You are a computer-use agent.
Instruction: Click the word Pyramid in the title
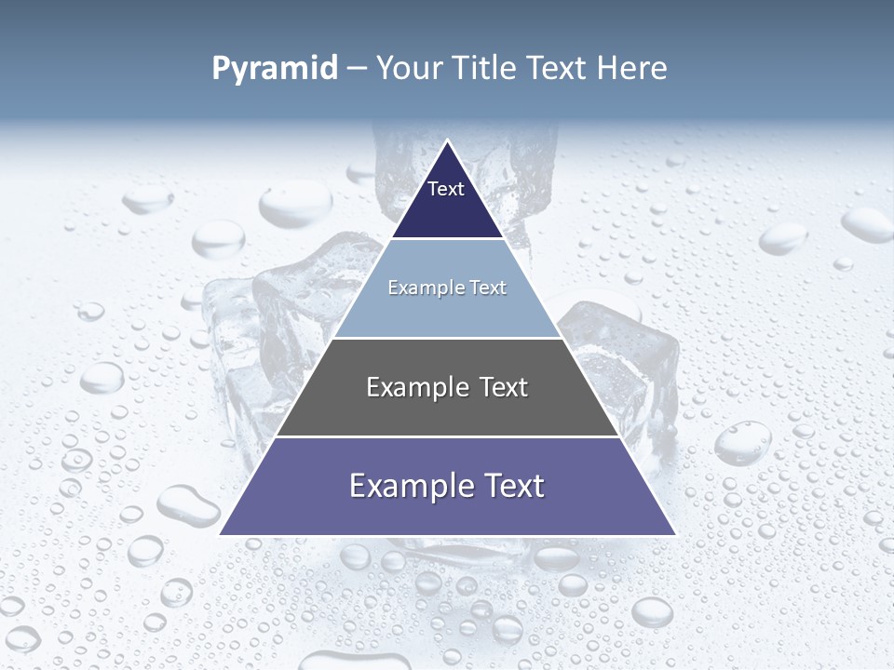pyautogui.click(x=275, y=69)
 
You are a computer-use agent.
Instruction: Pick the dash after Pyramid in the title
pyautogui.click(x=357, y=69)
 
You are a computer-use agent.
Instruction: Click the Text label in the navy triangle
pyautogui.click(x=446, y=189)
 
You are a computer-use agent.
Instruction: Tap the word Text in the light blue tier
pyautogui.click(x=487, y=288)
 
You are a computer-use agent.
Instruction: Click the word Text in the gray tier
pyautogui.click(x=504, y=387)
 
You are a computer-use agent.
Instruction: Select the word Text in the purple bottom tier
pyautogui.click(x=513, y=486)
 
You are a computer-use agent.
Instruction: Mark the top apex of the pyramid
pyautogui.click(x=448, y=141)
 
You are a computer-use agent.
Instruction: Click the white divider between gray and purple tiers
pyautogui.click(x=447, y=436)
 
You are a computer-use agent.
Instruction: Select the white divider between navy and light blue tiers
pyautogui.click(x=447, y=239)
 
